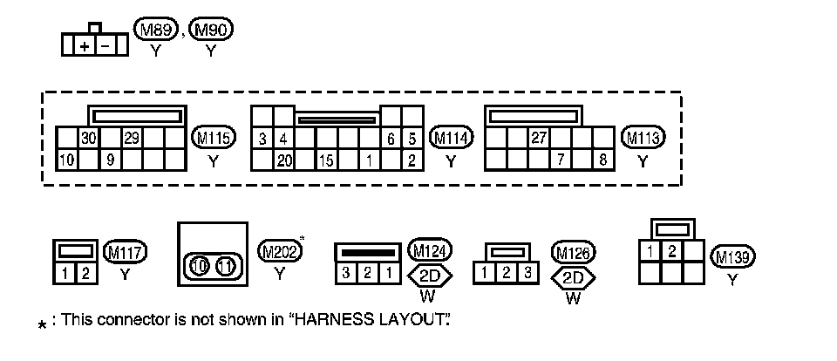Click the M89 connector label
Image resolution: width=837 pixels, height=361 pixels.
click(x=156, y=31)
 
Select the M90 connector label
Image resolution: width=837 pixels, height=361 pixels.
click(x=211, y=31)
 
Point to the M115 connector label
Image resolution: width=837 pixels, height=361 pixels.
click(x=214, y=138)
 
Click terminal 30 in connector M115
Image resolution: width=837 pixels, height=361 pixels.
click(x=88, y=139)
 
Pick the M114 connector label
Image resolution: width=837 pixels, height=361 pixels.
click(x=451, y=138)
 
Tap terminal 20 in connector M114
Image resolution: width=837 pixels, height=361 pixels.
click(x=283, y=160)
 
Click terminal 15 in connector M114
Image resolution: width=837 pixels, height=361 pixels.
click(x=326, y=160)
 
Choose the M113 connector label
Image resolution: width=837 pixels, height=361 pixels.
click(x=643, y=138)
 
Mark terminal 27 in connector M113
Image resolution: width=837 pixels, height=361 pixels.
click(x=539, y=138)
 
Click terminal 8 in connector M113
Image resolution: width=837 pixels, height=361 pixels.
click(x=602, y=160)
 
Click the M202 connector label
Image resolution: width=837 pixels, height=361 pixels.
click(x=280, y=251)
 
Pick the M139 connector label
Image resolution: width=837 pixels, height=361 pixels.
click(x=732, y=257)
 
